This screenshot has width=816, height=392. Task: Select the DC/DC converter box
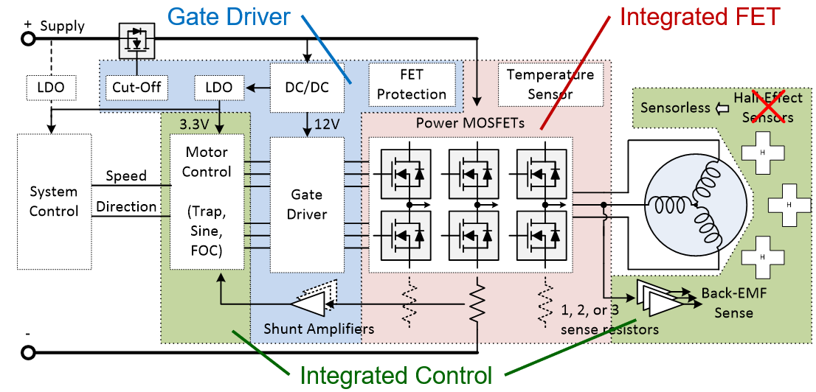click(x=306, y=87)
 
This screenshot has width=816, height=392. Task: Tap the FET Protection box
click(x=412, y=84)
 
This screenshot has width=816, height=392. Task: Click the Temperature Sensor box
click(x=550, y=84)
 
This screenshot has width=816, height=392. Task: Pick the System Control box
click(x=53, y=201)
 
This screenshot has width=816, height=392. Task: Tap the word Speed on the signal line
click(x=126, y=176)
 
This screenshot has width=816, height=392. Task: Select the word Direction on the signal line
click(x=126, y=206)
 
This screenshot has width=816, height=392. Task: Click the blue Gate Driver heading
click(x=229, y=16)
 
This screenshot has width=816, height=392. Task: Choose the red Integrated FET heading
click(x=699, y=16)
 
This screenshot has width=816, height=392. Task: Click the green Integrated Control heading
click(x=395, y=376)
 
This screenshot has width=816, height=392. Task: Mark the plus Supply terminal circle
click(x=28, y=38)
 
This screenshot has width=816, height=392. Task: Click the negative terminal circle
click(x=28, y=352)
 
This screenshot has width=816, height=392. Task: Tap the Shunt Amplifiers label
click(x=319, y=329)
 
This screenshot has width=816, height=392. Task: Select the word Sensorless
click(x=674, y=108)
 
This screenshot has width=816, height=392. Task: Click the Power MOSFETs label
click(x=470, y=122)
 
